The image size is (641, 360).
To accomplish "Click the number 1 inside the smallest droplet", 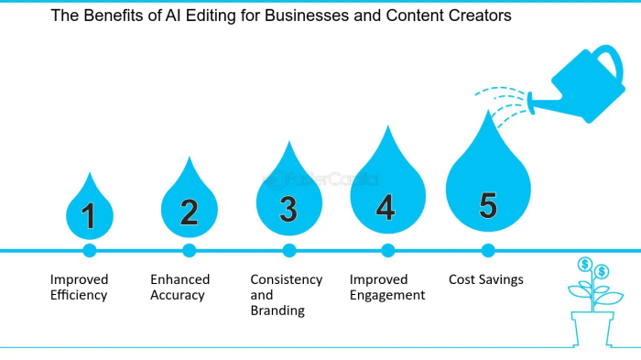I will point(89,216).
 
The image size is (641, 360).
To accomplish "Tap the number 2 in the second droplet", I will point(189,213).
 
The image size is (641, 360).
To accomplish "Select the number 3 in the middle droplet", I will point(288,210).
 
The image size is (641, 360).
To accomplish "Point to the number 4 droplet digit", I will point(386,208).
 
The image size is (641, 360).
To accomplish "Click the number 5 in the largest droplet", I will point(488,205).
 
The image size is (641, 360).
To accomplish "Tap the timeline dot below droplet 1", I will point(89,250).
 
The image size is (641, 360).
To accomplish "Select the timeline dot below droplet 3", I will point(289,250).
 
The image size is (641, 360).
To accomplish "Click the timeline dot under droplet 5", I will point(488,250).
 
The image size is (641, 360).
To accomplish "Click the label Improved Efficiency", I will point(79,287).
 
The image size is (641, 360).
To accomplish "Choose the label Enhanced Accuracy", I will point(179,287).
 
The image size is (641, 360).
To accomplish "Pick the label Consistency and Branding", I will point(286,295).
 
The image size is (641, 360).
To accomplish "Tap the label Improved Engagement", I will point(387,287).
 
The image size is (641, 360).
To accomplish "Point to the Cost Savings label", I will point(485,279).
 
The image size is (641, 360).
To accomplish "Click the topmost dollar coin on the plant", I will point(584,265).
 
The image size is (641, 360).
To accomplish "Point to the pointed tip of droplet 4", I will point(386,128).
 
